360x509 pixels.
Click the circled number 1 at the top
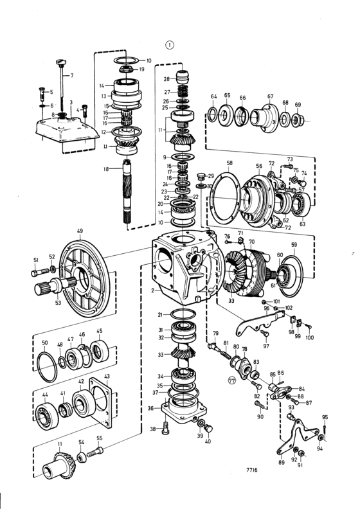tap(170, 45)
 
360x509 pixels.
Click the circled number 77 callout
tap(232, 380)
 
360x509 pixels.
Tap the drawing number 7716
tap(251, 469)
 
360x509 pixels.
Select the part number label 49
tap(80, 231)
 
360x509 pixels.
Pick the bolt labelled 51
tap(40, 272)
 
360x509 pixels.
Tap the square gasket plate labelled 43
tap(102, 402)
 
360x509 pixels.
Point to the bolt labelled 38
tap(165, 428)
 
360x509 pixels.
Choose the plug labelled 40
tap(208, 429)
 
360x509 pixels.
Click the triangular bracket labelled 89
tap(296, 436)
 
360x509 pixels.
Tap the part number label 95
tap(325, 417)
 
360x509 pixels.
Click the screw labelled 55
tap(94, 452)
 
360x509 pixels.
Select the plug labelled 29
tap(201, 177)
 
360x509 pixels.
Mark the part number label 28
tap(166, 79)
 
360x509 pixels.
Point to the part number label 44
tap(45, 395)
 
